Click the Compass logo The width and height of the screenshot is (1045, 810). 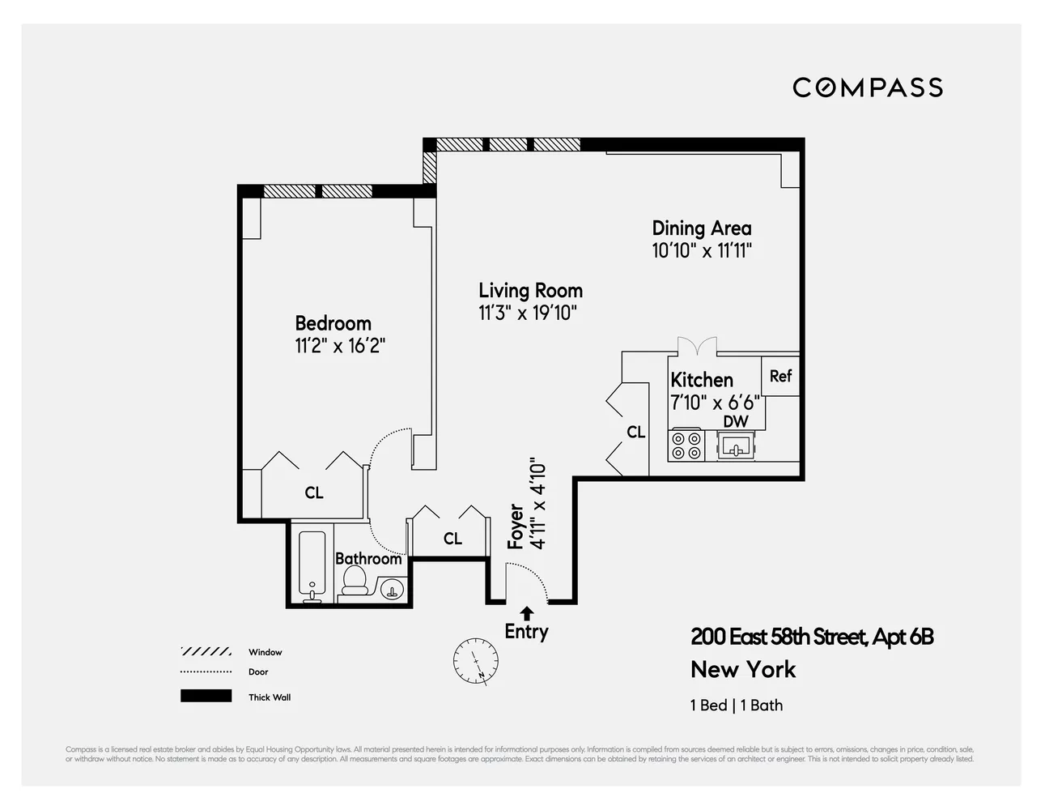867,87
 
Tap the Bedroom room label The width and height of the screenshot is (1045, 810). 333,323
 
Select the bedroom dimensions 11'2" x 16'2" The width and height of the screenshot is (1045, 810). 339,347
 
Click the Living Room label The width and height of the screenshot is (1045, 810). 530,291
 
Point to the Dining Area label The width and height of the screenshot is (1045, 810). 701,228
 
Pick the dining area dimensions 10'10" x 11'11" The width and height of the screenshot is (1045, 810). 702,250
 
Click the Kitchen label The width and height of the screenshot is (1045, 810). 701,380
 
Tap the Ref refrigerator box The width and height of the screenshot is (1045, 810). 780,376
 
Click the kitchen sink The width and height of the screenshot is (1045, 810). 736,445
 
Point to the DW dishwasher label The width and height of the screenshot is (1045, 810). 735,421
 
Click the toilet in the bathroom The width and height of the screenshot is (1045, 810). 355,579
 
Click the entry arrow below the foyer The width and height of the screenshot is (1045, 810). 527,613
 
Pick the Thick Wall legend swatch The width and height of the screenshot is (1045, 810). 206,697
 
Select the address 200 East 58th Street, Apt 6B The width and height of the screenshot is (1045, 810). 811,637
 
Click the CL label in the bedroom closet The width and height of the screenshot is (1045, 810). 314,492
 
